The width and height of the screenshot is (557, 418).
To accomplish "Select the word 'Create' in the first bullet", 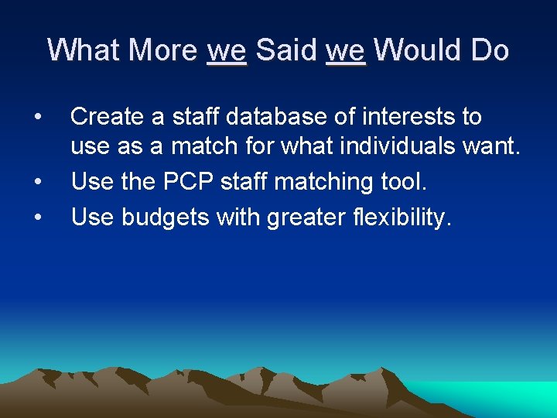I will click(108, 117).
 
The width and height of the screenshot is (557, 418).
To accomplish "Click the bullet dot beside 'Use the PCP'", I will click(37, 183).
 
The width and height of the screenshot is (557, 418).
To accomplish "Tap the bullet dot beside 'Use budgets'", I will click(37, 218).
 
